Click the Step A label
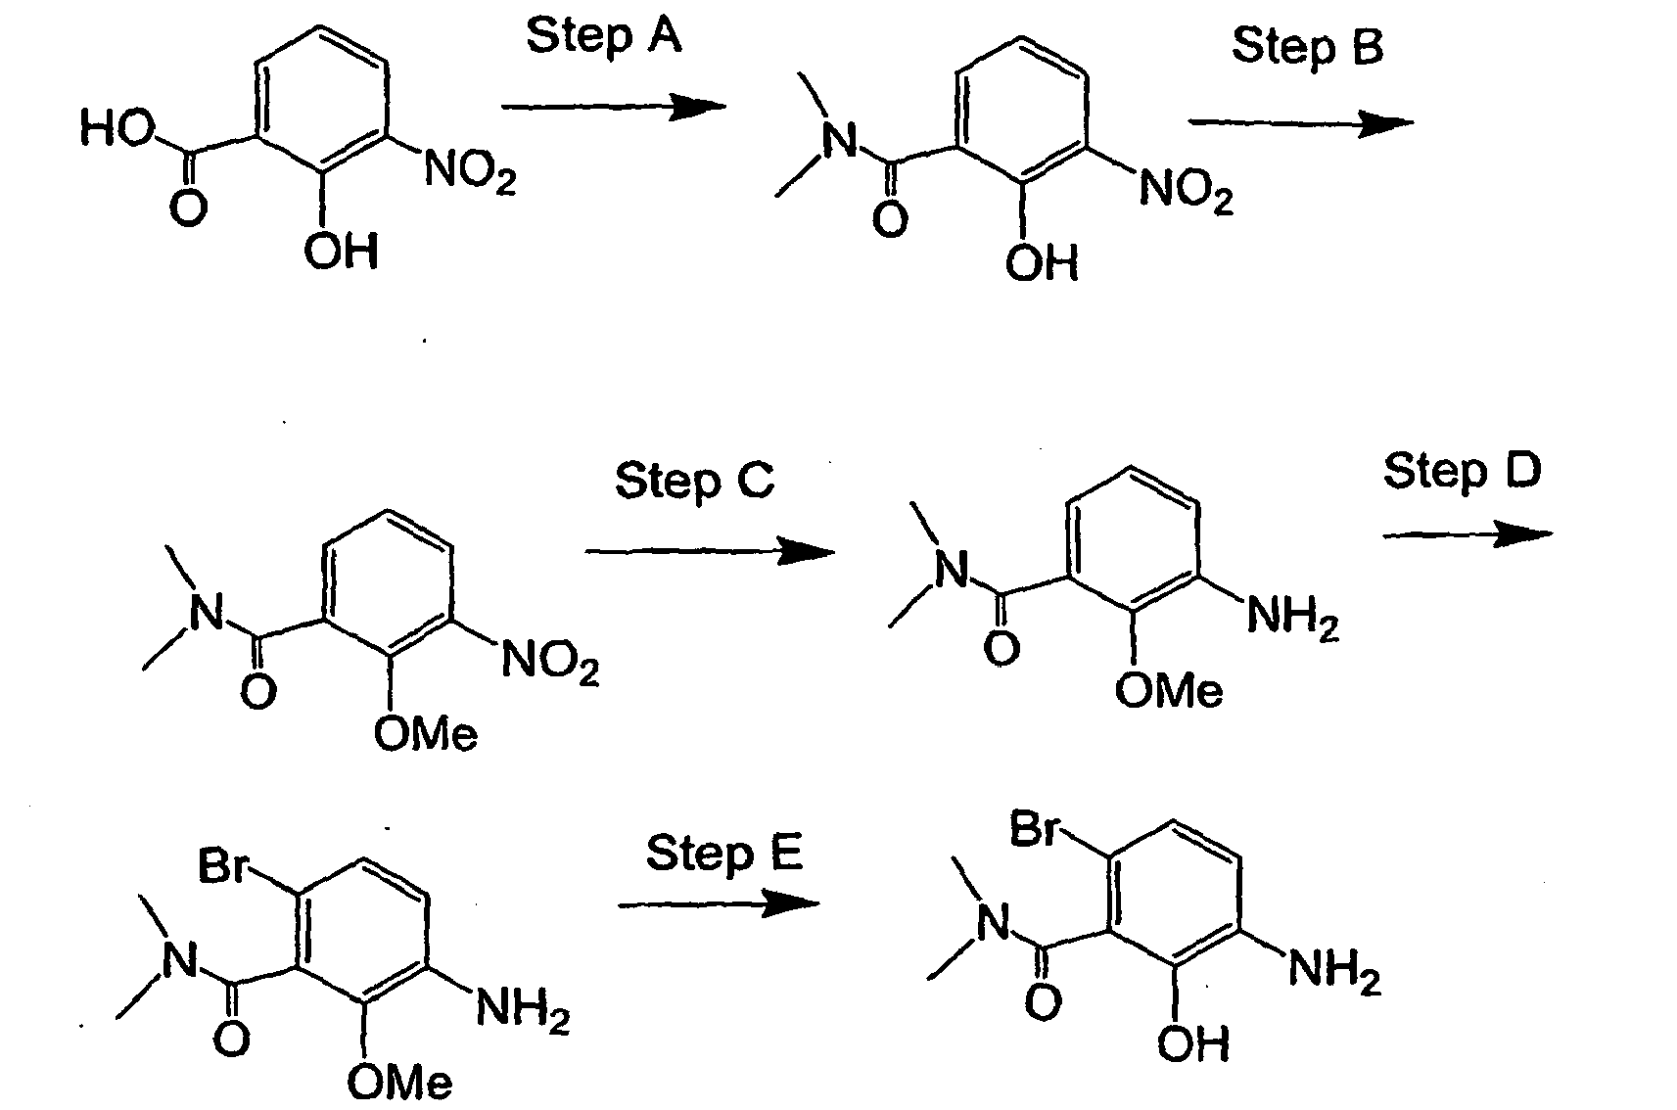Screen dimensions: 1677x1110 point(603,37)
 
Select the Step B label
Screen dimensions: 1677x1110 point(1307,47)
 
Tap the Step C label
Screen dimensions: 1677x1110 point(694,482)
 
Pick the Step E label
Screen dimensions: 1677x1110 point(723,854)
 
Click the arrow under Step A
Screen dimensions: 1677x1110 point(614,107)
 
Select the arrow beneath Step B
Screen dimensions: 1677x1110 point(1301,123)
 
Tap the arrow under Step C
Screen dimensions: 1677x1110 point(710,552)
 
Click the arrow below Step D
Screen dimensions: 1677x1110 point(1467,535)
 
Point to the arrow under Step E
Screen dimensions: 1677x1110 point(719,905)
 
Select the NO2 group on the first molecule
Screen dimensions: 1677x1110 point(470,171)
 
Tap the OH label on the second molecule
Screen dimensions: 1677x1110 point(1042,263)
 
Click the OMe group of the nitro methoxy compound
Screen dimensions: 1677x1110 point(425,733)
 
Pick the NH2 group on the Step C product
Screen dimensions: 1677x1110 point(1293,619)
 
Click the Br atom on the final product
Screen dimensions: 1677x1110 point(1035,828)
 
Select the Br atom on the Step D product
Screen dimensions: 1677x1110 point(222,865)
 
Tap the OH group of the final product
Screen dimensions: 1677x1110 point(1193,1043)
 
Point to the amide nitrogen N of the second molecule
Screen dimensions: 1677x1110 point(840,140)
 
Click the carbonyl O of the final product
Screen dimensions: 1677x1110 point(1043,1001)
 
